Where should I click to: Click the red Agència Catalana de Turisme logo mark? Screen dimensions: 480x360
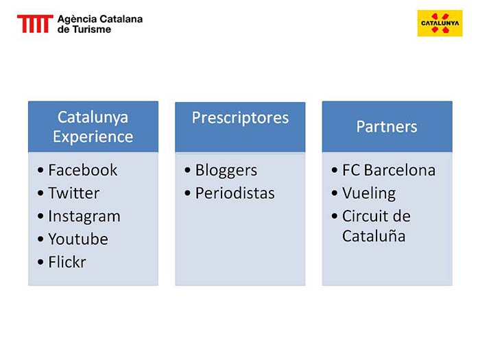(35, 23)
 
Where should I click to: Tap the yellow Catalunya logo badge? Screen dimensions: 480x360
(440, 23)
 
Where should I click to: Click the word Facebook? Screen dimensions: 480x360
(83, 170)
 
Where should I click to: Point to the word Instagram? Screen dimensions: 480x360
(84, 217)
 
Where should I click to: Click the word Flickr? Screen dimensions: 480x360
(67, 262)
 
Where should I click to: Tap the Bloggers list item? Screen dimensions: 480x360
(226, 171)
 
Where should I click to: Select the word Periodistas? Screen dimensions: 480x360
(235, 193)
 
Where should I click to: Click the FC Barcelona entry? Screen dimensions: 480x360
(389, 170)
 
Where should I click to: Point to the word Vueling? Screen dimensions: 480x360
(369, 194)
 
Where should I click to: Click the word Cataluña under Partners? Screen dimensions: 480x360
(374, 236)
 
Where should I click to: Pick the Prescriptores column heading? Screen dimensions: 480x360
(240, 118)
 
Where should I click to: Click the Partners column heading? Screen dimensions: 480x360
(387, 126)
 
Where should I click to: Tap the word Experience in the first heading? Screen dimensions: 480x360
(93, 137)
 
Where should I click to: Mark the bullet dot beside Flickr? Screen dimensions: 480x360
(40, 262)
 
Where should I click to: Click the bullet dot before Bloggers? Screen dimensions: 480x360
(187, 170)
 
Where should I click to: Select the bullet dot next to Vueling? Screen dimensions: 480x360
(335, 193)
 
